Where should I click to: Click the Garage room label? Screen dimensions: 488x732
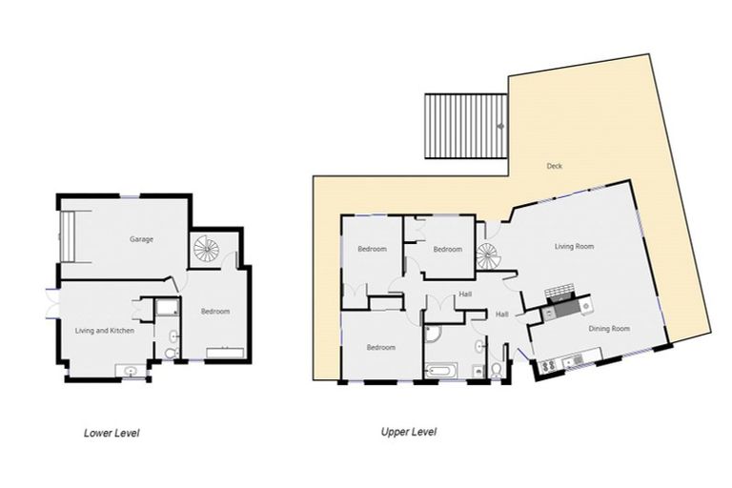(x=141, y=239)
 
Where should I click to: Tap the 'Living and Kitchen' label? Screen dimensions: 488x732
(x=104, y=331)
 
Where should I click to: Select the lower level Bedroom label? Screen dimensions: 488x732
(x=214, y=312)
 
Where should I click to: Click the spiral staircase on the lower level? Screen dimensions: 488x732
(x=206, y=250)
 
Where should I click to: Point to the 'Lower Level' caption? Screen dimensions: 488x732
(x=112, y=433)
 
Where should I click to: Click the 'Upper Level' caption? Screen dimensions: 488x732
(x=409, y=432)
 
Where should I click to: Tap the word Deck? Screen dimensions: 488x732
(x=554, y=167)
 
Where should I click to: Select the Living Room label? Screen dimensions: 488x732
(x=575, y=246)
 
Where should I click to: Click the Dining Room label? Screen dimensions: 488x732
(x=608, y=329)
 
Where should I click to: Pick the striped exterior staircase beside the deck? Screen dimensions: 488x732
(x=464, y=126)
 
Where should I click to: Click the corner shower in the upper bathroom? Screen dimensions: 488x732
(x=432, y=334)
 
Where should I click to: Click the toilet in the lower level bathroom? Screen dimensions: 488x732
(x=171, y=354)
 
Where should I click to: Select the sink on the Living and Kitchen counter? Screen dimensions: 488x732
(x=130, y=371)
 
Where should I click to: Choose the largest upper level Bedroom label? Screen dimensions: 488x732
(x=380, y=348)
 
